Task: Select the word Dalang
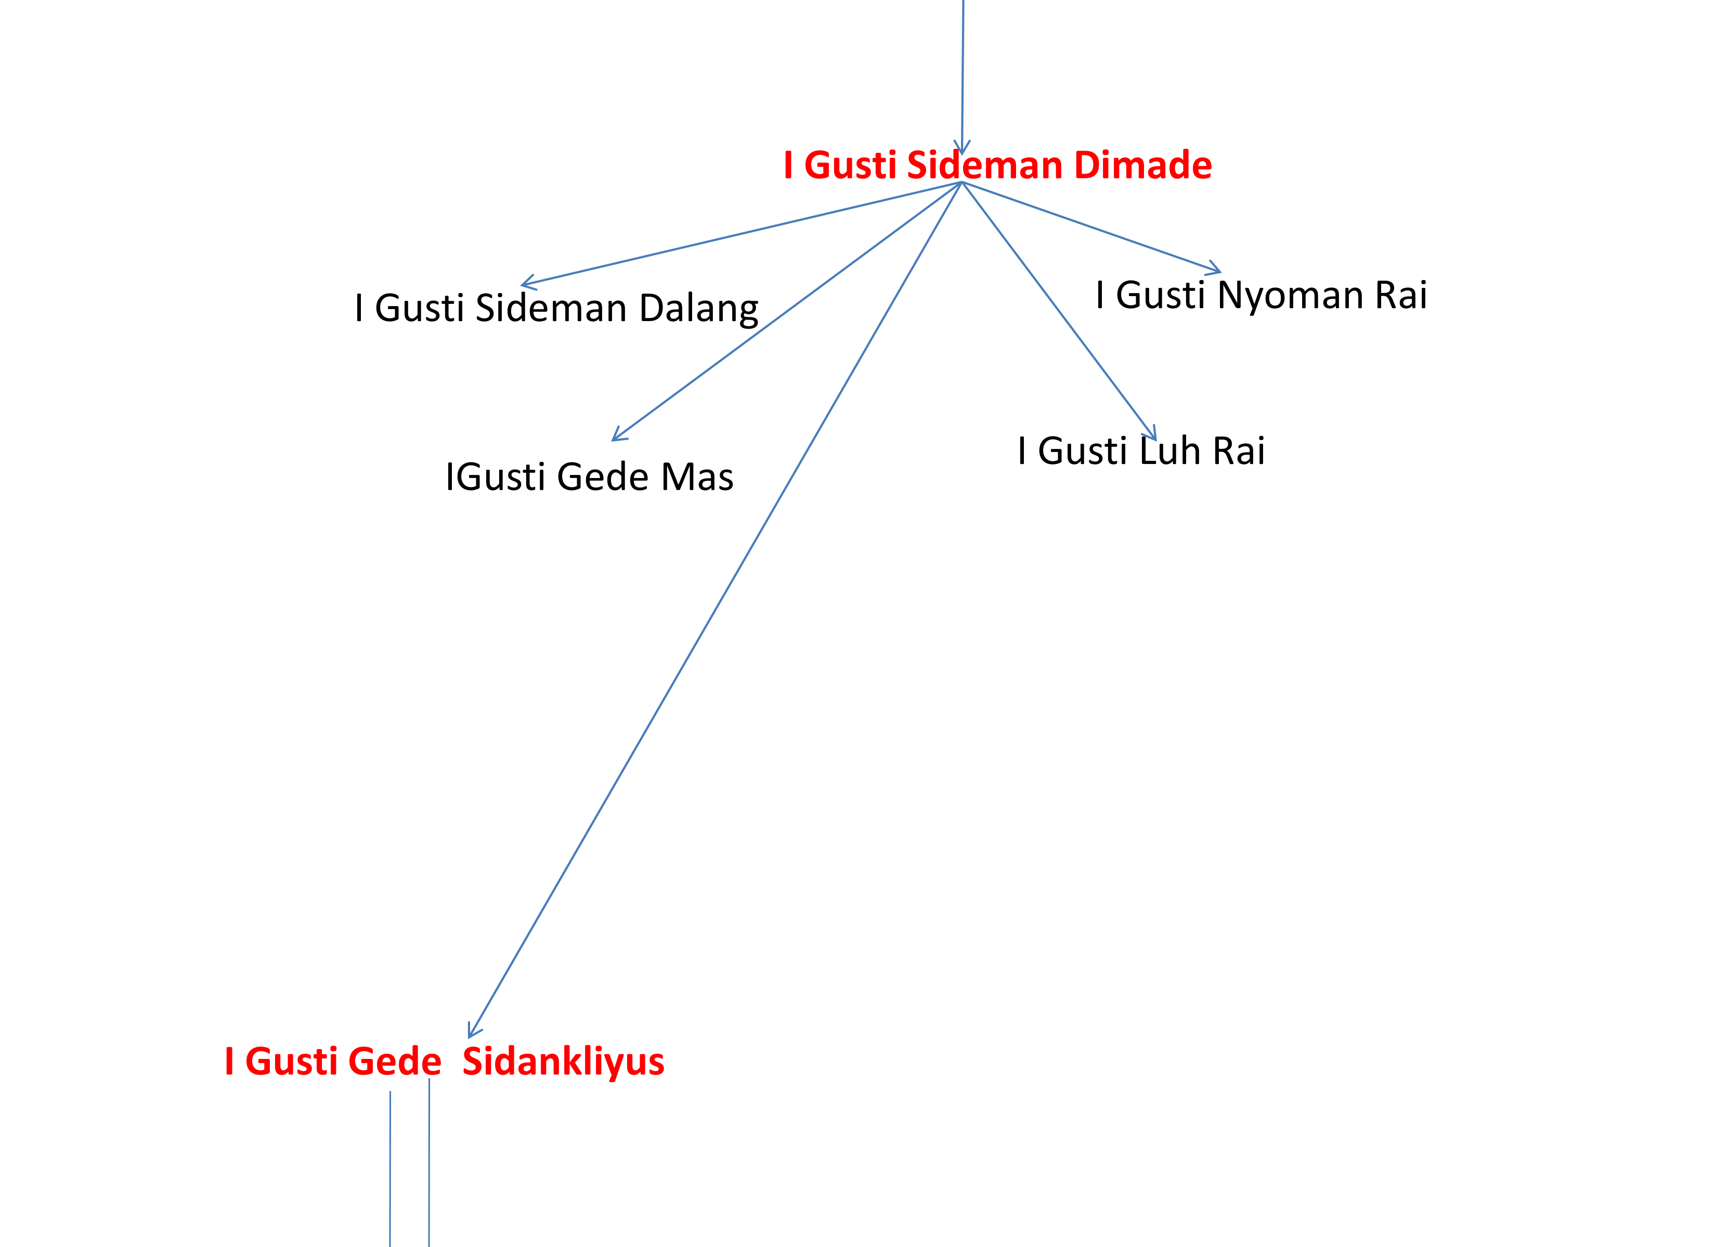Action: (x=698, y=309)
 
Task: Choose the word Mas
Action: (x=697, y=477)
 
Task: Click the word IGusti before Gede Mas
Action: (x=496, y=477)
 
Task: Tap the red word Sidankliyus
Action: (x=564, y=1061)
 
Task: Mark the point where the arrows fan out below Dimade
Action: (x=961, y=182)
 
